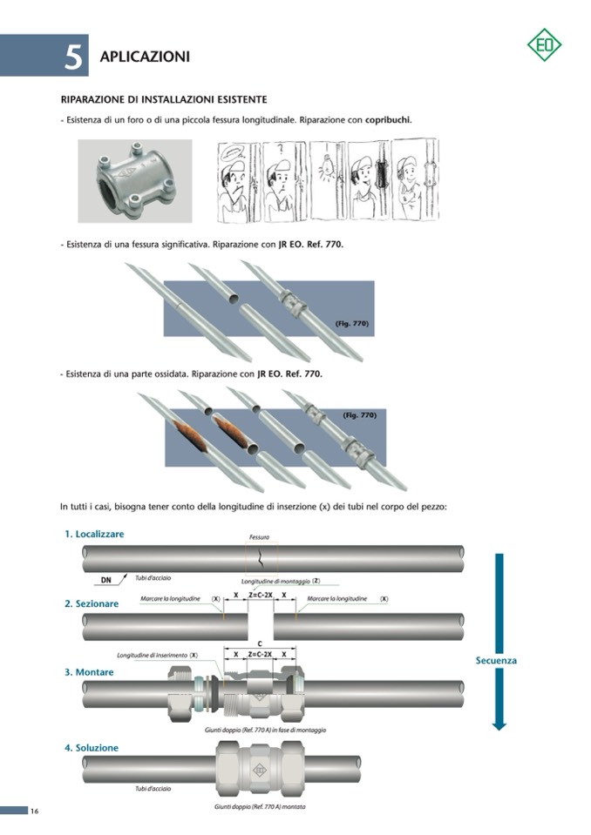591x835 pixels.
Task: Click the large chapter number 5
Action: (73, 57)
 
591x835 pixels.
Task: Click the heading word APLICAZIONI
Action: (145, 57)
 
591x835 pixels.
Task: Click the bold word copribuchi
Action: (388, 119)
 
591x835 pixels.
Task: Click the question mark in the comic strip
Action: (279, 151)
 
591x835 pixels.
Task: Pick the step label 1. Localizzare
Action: (94, 534)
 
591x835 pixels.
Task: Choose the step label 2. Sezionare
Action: (91, 603)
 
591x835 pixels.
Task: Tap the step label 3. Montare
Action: (89, 672)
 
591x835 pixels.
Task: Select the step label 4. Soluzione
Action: (91, 748)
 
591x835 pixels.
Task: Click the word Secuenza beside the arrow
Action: (496, 660)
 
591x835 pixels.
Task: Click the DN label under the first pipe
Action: (106, 580)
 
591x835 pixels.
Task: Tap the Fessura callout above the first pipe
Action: (259, 537)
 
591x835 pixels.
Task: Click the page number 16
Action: (34, 811)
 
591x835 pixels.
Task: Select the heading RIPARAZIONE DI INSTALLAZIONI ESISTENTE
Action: (163, 99)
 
